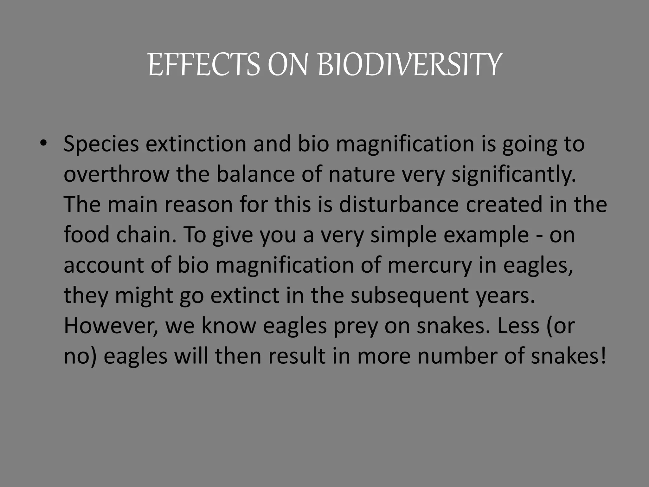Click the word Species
click(101, 144)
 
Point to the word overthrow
click(116, 174)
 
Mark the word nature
click(362, 174)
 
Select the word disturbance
click(399, 205)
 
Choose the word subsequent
click(410, 295)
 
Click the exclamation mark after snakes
click(603, 356)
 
